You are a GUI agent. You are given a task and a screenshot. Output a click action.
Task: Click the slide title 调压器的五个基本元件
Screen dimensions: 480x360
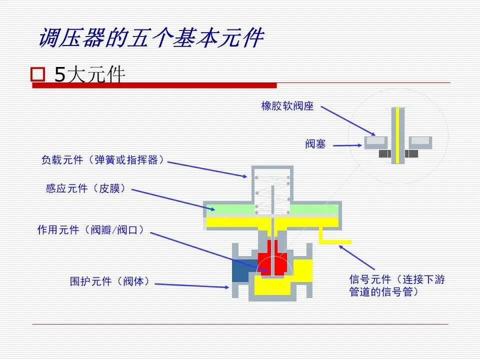[151, 37]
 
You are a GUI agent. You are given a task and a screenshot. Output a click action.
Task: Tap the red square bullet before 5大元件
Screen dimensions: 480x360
[37, 74]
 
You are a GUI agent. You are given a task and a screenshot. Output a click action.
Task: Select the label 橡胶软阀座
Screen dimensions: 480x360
[287, 106]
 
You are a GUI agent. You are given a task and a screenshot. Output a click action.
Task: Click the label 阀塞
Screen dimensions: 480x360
[315, 143]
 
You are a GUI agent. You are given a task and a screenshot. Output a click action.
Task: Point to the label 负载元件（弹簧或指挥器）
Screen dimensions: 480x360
[103, 160]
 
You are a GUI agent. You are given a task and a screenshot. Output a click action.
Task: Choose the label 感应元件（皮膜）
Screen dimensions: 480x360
[85, 188]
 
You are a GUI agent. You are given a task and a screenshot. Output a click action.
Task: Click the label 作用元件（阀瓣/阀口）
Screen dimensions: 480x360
[90, 229]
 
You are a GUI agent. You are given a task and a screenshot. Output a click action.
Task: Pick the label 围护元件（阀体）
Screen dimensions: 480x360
[109, 281]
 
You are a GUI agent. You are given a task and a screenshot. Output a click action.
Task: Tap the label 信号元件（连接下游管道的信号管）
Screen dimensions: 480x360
[397, 285]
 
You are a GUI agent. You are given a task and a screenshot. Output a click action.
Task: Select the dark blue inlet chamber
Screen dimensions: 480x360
[244, 270]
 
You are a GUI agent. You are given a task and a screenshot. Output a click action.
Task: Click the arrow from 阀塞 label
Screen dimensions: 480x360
[347, 145]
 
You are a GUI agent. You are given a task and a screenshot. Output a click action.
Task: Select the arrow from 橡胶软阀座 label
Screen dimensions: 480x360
[348, 121]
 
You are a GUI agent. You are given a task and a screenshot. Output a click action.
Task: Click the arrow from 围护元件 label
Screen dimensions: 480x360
[192, 286]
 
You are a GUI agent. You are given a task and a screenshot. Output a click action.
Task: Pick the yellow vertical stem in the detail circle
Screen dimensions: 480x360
[397, 135]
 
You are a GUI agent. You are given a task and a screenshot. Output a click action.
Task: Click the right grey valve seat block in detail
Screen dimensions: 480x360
[420, 142]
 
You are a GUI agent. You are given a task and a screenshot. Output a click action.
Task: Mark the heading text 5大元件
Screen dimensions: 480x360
[90, 74]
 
